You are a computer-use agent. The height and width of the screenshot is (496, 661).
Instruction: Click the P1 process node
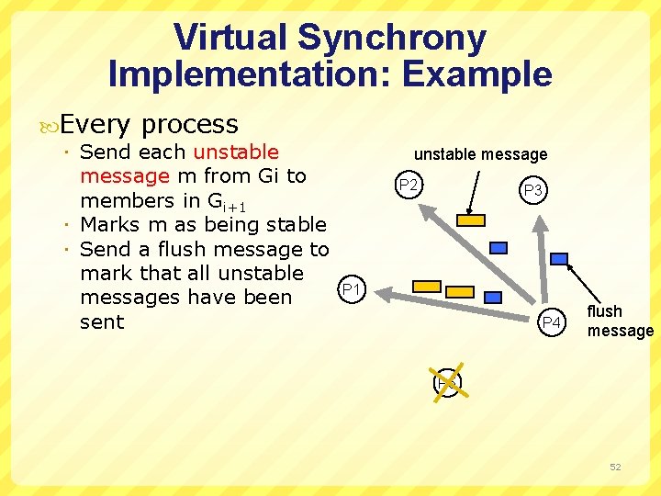(x=350, y=291)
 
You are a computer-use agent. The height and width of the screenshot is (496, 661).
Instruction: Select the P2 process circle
(x=409, y=186)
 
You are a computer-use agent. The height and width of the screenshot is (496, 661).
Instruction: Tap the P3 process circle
(x=533, y=190)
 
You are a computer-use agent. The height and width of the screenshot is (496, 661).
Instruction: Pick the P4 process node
(x=551, y=322)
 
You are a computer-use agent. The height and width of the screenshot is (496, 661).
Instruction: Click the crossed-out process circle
(x=447, y=382)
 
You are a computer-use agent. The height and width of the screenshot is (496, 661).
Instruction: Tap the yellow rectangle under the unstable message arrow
(x=472, y=220)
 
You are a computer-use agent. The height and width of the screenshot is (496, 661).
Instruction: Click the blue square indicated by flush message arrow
(x=558, y=259)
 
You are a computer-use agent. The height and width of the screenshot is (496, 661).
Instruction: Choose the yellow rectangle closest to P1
(x=427, y=286)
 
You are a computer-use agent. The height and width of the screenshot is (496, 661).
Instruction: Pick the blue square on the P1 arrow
(x=493, y=298)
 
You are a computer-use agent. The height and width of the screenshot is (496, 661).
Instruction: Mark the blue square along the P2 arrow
(x=499, y=247)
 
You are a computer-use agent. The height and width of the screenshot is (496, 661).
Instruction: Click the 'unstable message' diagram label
(x=480, y=154)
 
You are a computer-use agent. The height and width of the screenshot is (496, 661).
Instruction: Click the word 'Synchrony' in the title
(x=393, y=38)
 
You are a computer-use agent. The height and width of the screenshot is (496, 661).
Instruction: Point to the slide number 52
(x=615, y=467)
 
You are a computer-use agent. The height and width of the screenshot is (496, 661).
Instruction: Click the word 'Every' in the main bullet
(x=96, y=124)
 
